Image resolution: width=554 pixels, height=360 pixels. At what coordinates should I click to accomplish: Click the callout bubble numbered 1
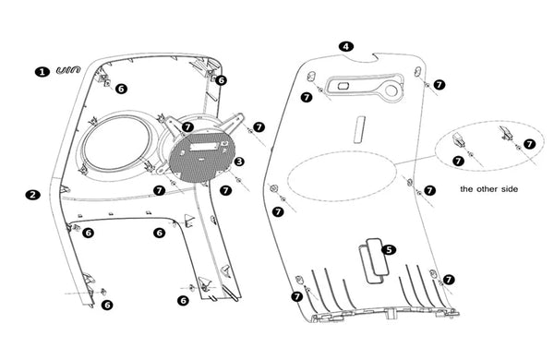click(x=42, y=72)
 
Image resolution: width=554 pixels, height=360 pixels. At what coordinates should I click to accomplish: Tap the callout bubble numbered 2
click(x=33, y=195)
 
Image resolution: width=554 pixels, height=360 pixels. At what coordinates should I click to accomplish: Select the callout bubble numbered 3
click(x=239, y=162)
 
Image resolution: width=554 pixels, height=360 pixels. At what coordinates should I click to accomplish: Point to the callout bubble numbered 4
click(x=346, y=46)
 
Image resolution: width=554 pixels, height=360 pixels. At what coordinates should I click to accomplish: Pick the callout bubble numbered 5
click(x=389, y=250)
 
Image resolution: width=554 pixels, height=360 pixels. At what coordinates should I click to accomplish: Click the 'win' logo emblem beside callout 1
click(x=68, y=70)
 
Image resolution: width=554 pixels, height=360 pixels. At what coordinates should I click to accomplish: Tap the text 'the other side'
click(x=488, y=189)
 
